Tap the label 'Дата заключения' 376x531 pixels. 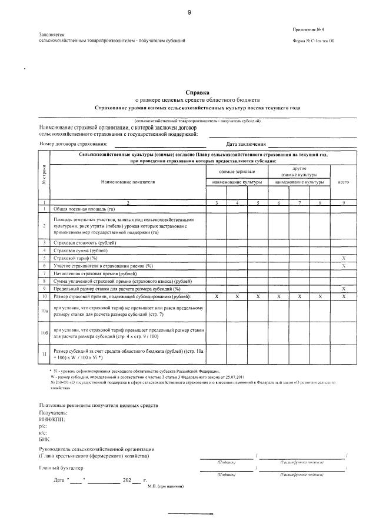246,144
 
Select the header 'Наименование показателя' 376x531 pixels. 127,182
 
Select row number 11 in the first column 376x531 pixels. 44,354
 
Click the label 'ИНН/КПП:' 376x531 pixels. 51,419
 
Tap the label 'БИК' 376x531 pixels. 44,439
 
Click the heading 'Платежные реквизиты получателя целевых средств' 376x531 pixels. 98,406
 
